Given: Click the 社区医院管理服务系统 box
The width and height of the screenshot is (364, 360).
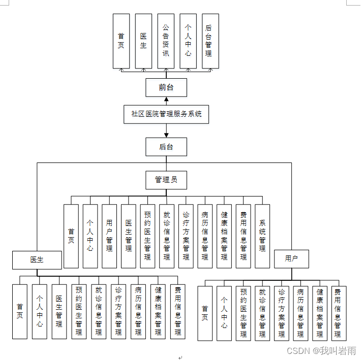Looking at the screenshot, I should click(166, 114).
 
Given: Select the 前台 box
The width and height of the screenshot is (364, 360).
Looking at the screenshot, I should click(166, 87).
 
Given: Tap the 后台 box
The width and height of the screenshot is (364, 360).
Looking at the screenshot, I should click(166, 147).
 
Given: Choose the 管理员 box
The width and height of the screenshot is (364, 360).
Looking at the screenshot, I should click(166, 180).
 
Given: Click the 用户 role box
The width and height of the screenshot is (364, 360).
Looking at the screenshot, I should click(291, 259).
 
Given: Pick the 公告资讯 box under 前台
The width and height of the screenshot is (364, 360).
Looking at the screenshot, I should click(166, 41).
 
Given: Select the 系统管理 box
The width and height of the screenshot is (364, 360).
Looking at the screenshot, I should click(262, 236).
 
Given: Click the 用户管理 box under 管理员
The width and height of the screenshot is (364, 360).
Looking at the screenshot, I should click(109, 236).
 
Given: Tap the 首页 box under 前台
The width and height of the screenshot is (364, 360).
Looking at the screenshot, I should click(121, 41).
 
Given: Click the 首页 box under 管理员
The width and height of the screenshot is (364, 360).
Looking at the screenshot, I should click(71, 236).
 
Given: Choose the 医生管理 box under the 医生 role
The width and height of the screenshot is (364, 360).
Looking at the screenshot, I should click(59, 311).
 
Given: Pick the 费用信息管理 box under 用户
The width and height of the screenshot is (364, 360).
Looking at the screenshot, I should click(338, 313).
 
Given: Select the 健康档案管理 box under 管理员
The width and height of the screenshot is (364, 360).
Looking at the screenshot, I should click(224, 236).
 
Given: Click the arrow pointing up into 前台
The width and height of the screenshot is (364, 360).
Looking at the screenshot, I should click(166, 100).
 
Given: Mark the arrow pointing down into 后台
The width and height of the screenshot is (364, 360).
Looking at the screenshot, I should click(166, 135).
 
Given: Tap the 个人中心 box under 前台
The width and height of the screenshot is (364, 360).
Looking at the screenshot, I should click(188, 41).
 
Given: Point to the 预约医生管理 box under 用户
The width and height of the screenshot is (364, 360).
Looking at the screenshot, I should click(243, 313).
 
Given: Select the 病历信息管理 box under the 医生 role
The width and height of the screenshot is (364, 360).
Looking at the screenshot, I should click(138, 311).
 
